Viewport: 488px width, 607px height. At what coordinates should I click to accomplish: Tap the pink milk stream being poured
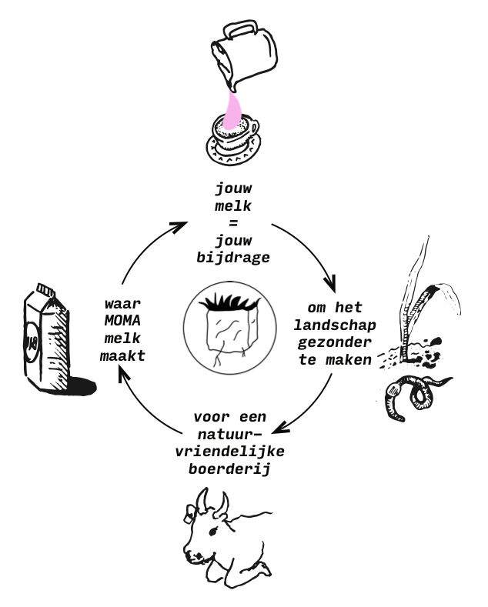(233, 108)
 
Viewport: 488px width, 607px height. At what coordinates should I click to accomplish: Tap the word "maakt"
(122, 355)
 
